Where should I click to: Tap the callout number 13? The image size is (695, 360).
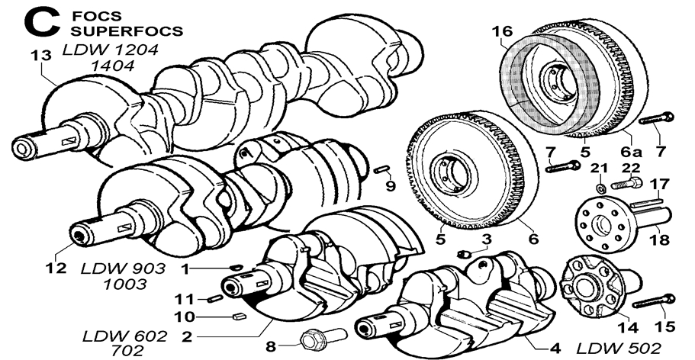(40, 55)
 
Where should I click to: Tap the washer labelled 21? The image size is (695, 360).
(600, 186)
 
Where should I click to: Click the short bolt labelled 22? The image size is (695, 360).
(634, 183)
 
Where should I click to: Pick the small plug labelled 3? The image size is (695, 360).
(463, 252)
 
